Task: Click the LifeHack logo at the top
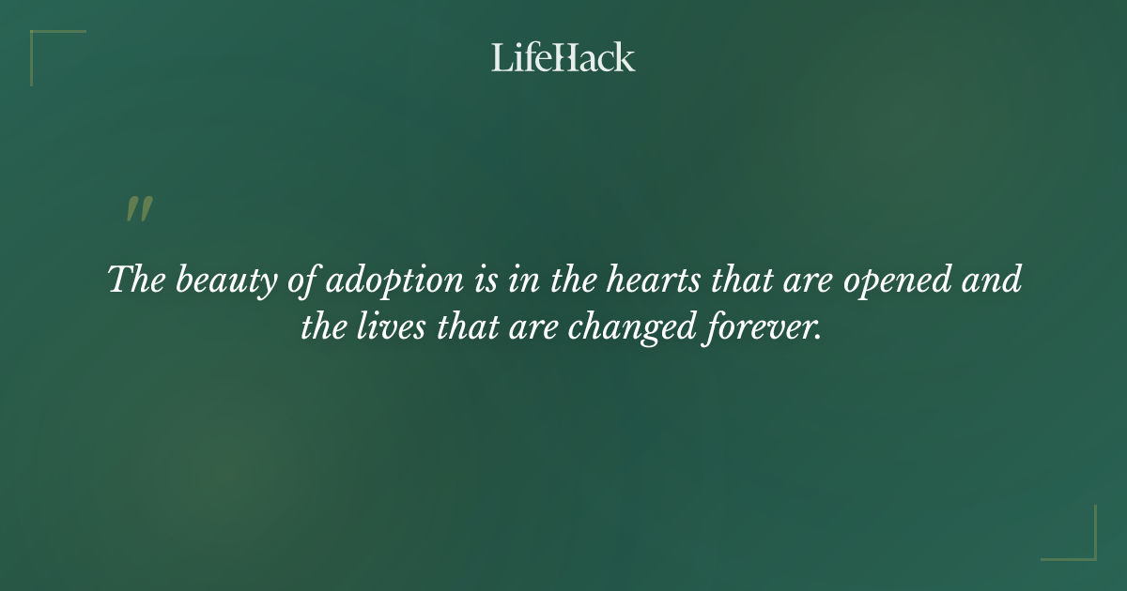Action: pos(563,57)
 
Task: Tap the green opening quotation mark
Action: pos(139,210)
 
